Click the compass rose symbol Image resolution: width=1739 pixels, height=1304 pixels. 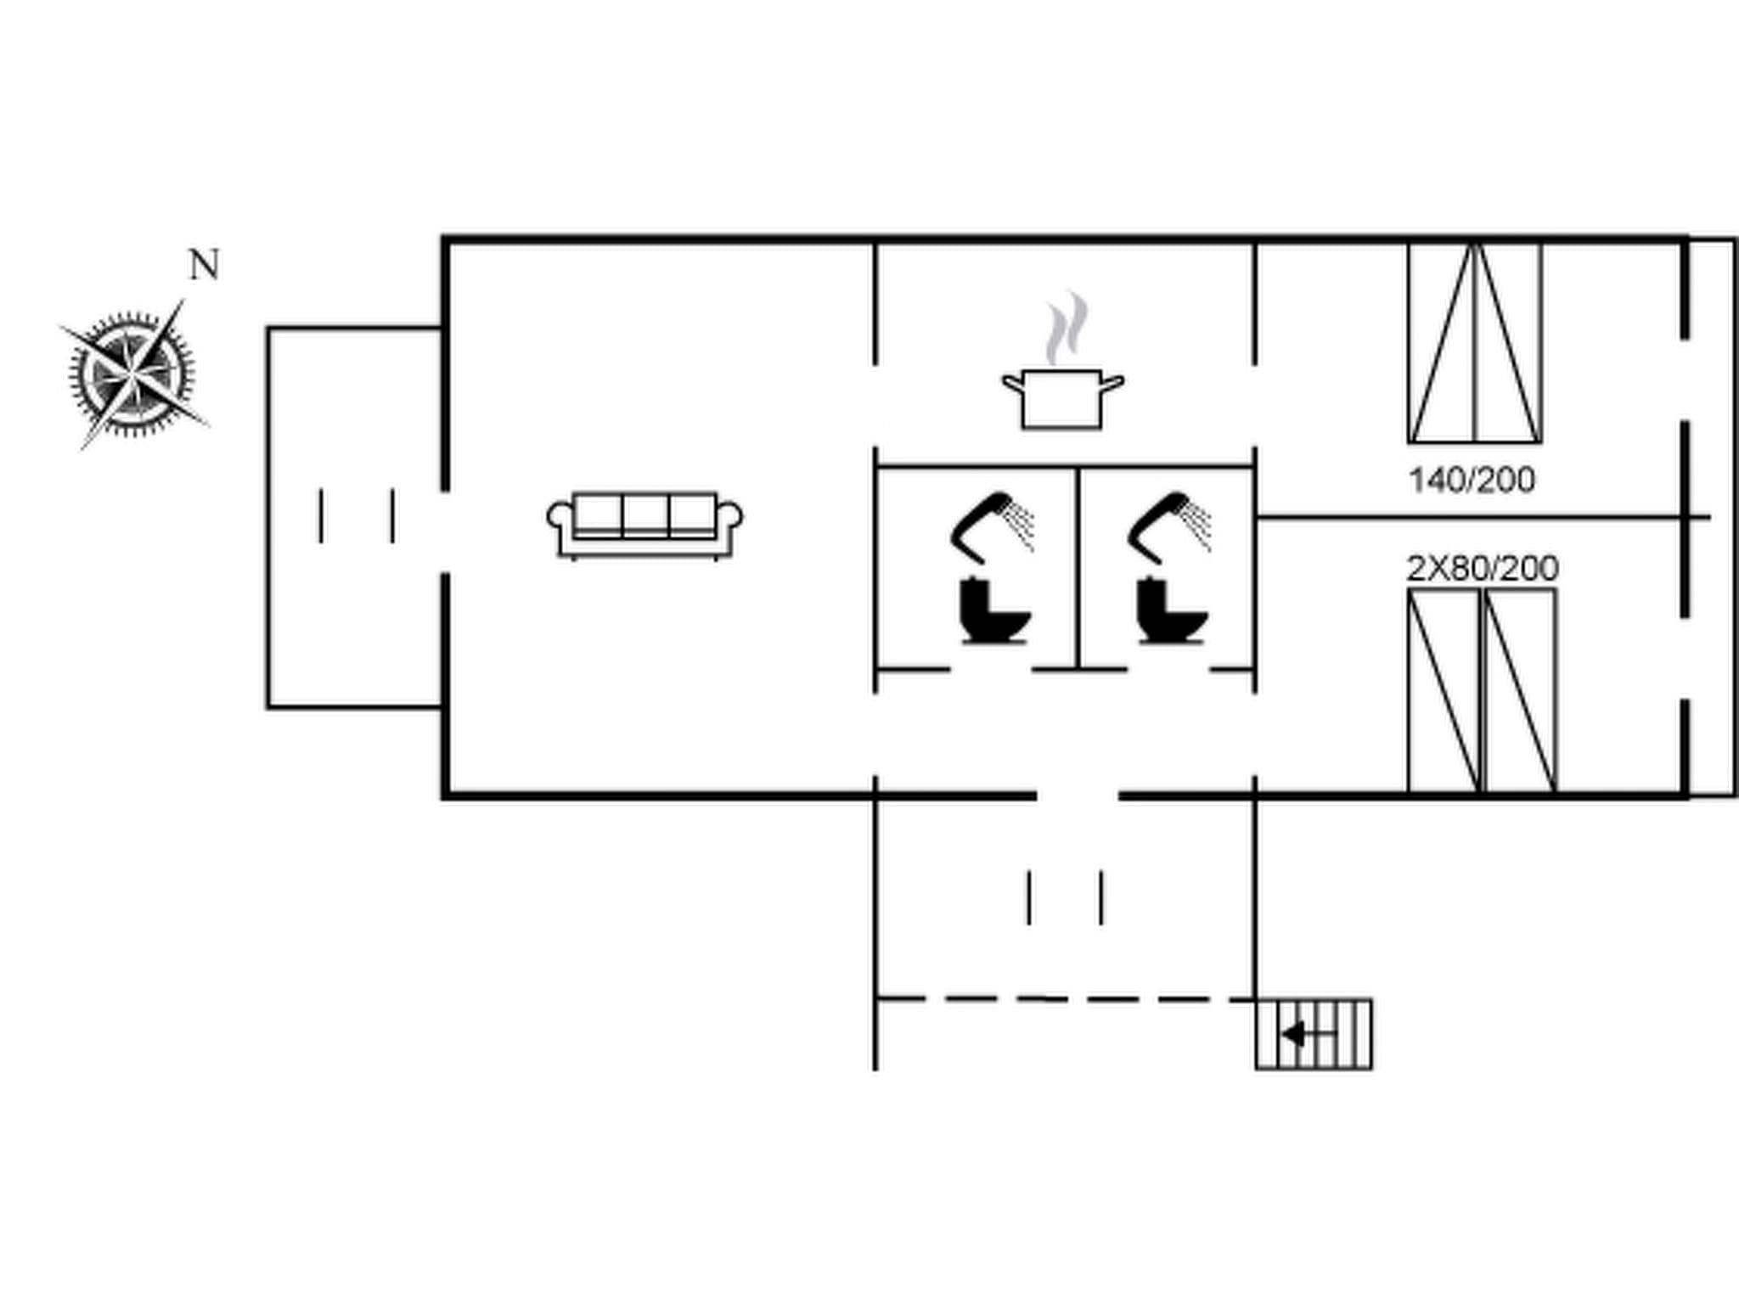pos(132,374)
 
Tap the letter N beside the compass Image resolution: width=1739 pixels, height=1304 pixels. pos(204,266)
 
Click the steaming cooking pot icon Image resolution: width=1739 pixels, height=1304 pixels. pos(1062,397)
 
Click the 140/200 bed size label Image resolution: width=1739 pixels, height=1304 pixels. pos(1472,481)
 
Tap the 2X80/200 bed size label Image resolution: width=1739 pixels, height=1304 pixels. pos(1483,568)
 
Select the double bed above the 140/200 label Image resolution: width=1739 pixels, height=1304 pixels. pos(1475,343)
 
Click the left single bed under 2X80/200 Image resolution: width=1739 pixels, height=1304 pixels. pos(1444,691)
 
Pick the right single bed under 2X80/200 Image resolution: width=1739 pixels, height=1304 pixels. pos(1521,691)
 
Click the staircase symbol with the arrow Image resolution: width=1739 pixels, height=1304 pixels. pos(1314,1034)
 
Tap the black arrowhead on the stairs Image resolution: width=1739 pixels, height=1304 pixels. pos(1293,1034)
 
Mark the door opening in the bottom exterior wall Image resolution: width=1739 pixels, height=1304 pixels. pos(1078,795)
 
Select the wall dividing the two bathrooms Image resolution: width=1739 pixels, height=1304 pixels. pos(1078,567)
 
